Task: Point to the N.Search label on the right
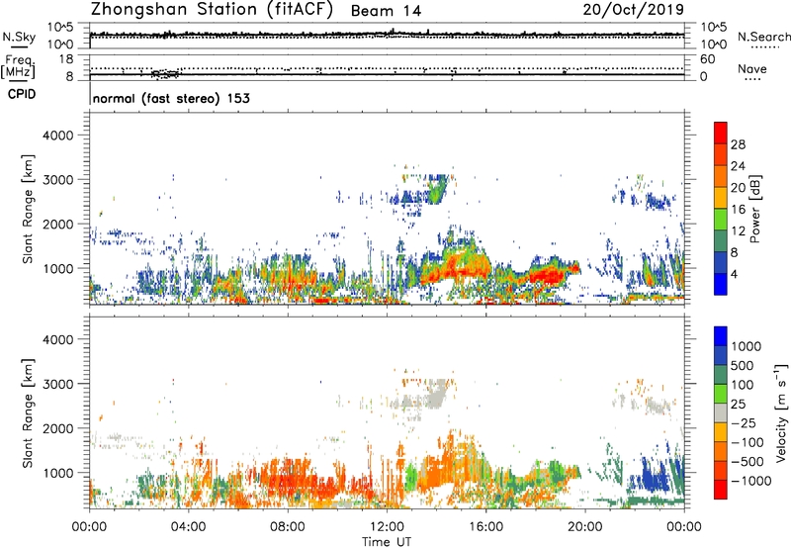coord(758,36)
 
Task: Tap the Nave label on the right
coord(753,69)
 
